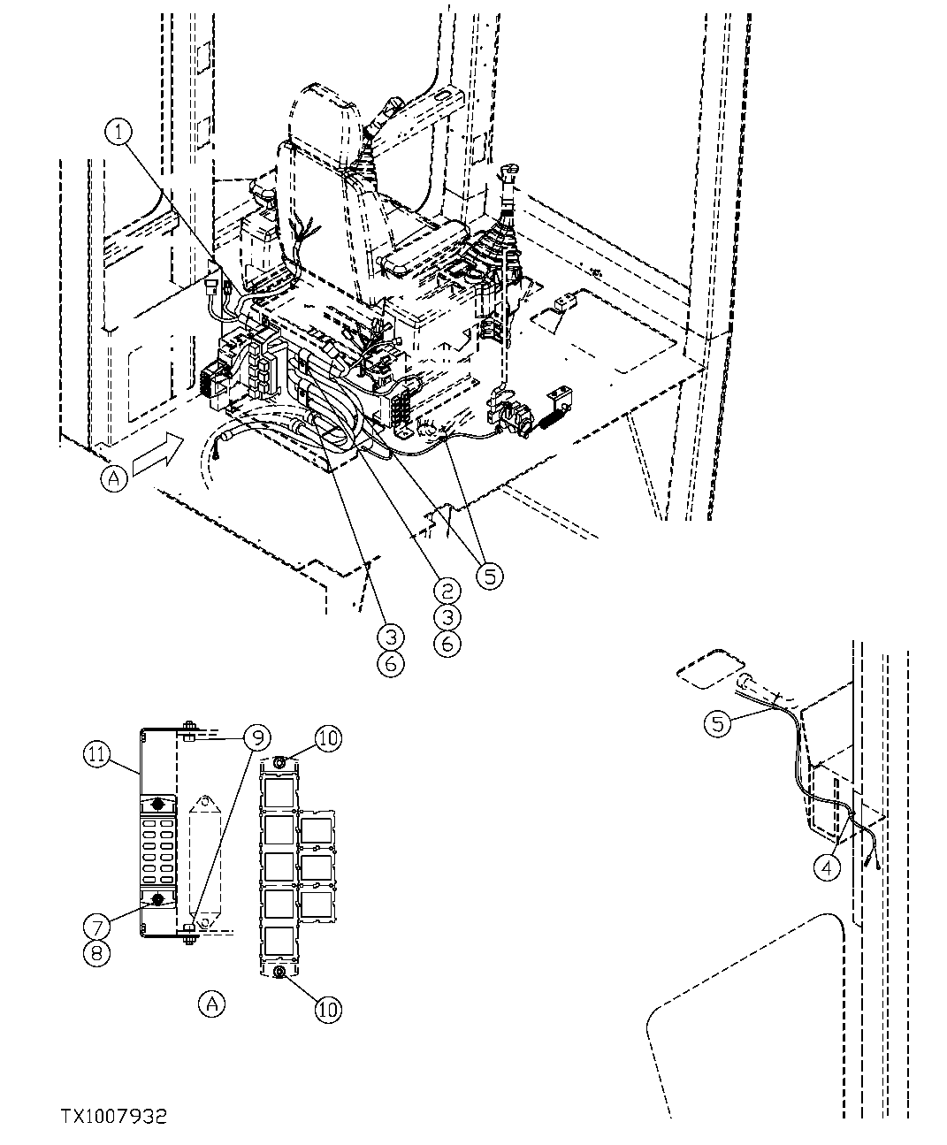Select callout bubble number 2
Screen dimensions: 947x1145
click(x=447, y=590)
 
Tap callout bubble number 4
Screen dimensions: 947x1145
click(x=826, y=867)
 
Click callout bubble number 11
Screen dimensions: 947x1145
click(x=99, y=754)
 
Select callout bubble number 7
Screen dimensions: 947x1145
click(x=97, y=926)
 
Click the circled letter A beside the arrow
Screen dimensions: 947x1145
click(x=115, y=478)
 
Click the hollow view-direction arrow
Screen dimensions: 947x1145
click(x=157, y=455)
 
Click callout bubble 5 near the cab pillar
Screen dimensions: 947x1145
click(x=718, y=724)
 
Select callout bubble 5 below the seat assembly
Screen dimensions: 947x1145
click(x=488, y=576)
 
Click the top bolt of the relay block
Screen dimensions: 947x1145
click(x=279, y=761)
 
